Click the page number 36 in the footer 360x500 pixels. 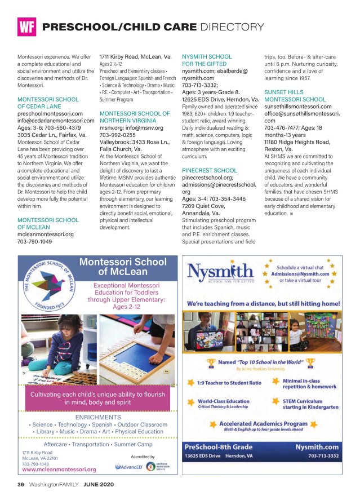point(20,484)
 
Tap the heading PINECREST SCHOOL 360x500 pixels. point(209,170)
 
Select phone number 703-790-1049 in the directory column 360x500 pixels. point(35,241)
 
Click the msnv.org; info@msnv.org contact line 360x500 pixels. point(131,127)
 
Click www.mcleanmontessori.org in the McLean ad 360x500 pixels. point(59,468)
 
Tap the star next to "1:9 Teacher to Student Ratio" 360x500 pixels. point(192,382)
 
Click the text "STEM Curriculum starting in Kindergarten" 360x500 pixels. point(311,404)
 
